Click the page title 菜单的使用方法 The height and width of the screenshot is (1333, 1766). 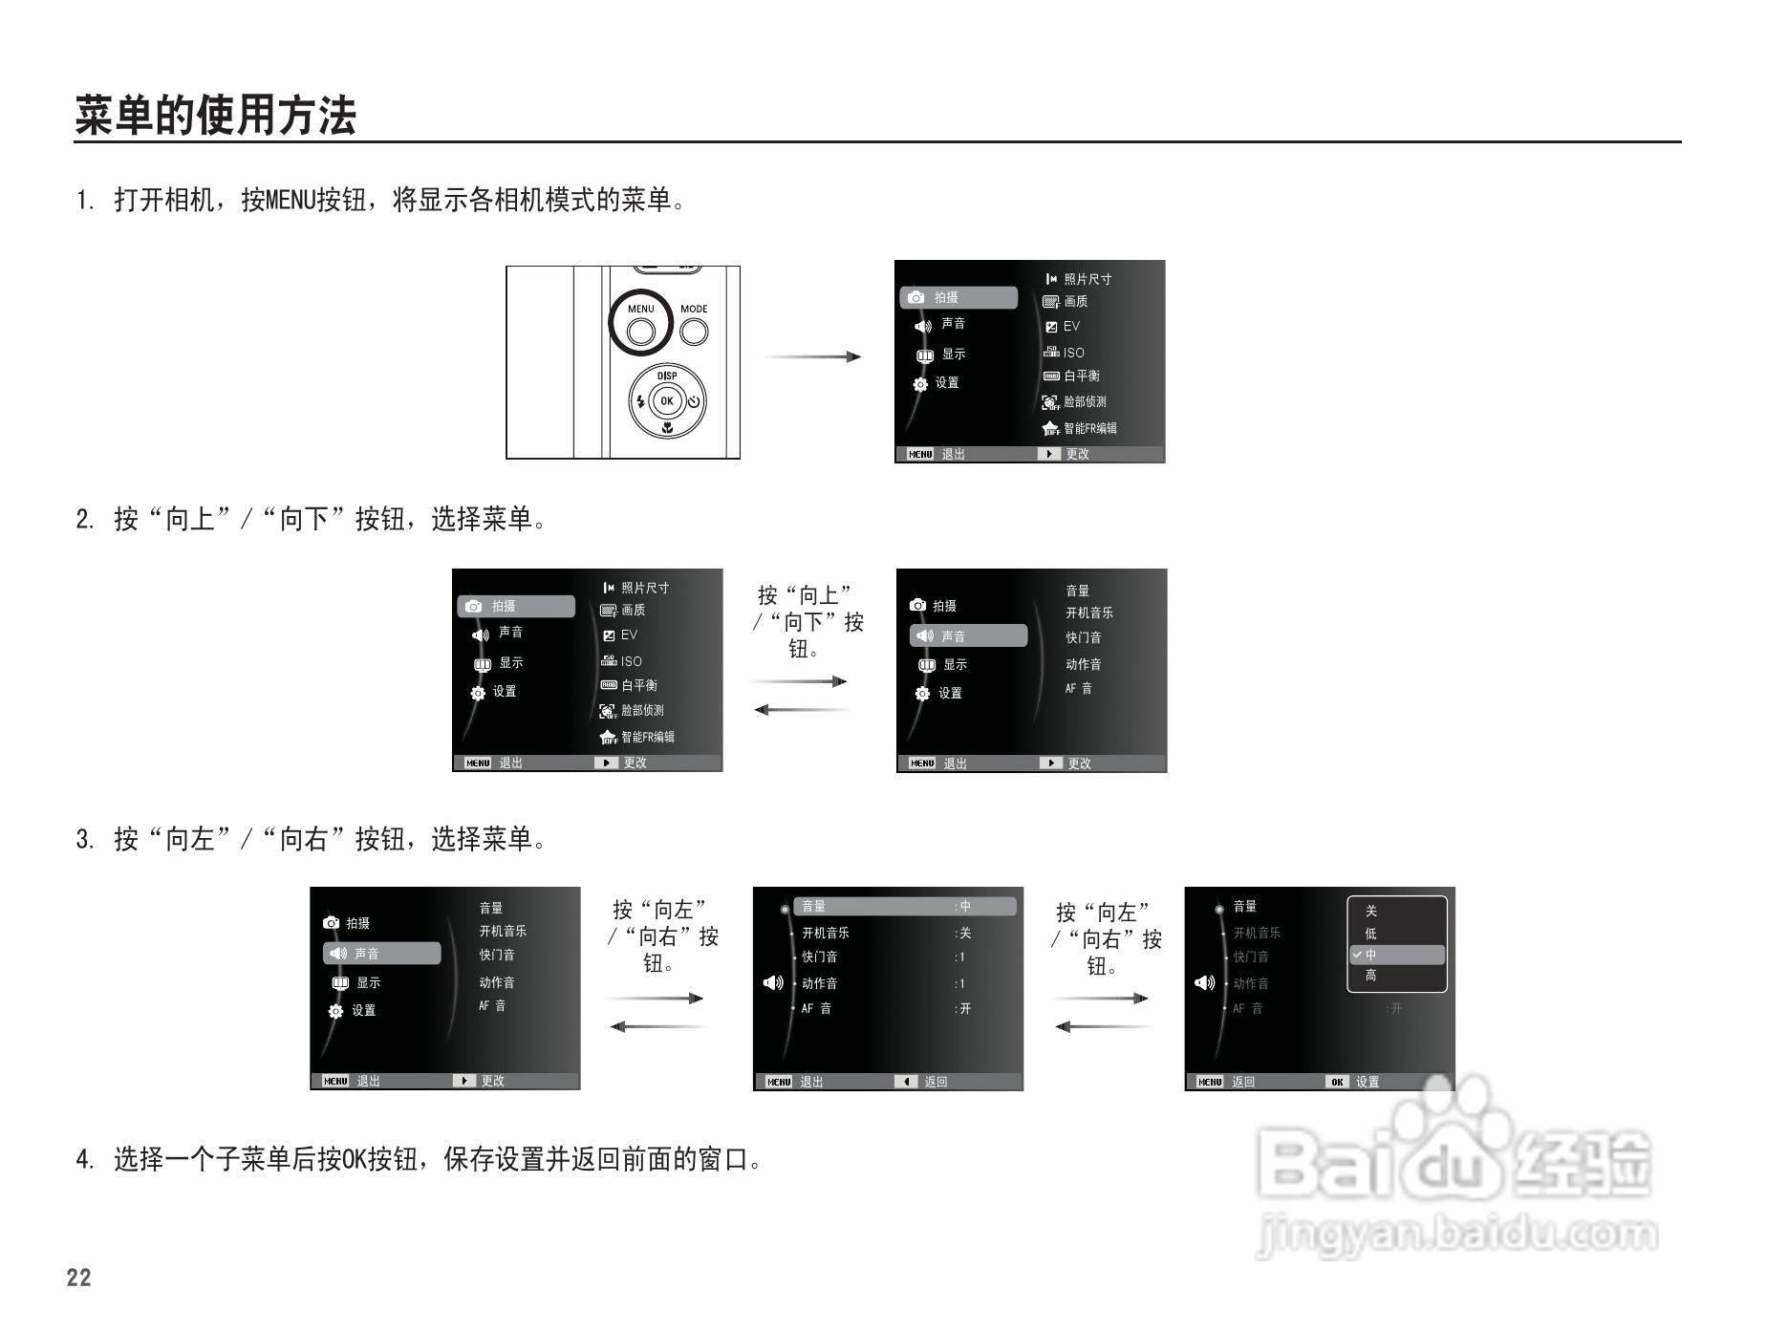(215, 116)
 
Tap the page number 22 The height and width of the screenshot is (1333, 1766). (79, 1278)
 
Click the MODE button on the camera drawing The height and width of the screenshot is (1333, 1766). (694, 331)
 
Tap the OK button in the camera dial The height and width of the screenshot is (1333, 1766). (667, 401)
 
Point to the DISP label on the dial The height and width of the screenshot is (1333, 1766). (667, 376)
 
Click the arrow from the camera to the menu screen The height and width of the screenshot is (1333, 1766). (812, 356)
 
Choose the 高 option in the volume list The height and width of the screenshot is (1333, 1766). (1371, 976)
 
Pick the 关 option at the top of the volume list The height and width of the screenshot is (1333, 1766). (1371, 912)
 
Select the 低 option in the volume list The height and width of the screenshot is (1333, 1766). (1371, 934)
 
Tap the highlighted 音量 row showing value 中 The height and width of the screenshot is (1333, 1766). (903, 906)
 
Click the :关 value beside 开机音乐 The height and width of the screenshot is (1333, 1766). (963, 933)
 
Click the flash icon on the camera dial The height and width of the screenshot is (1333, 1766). (640, 401)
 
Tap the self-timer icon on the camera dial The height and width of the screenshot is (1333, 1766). (694, 401)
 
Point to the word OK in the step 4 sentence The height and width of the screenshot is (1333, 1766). (355, 1159)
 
